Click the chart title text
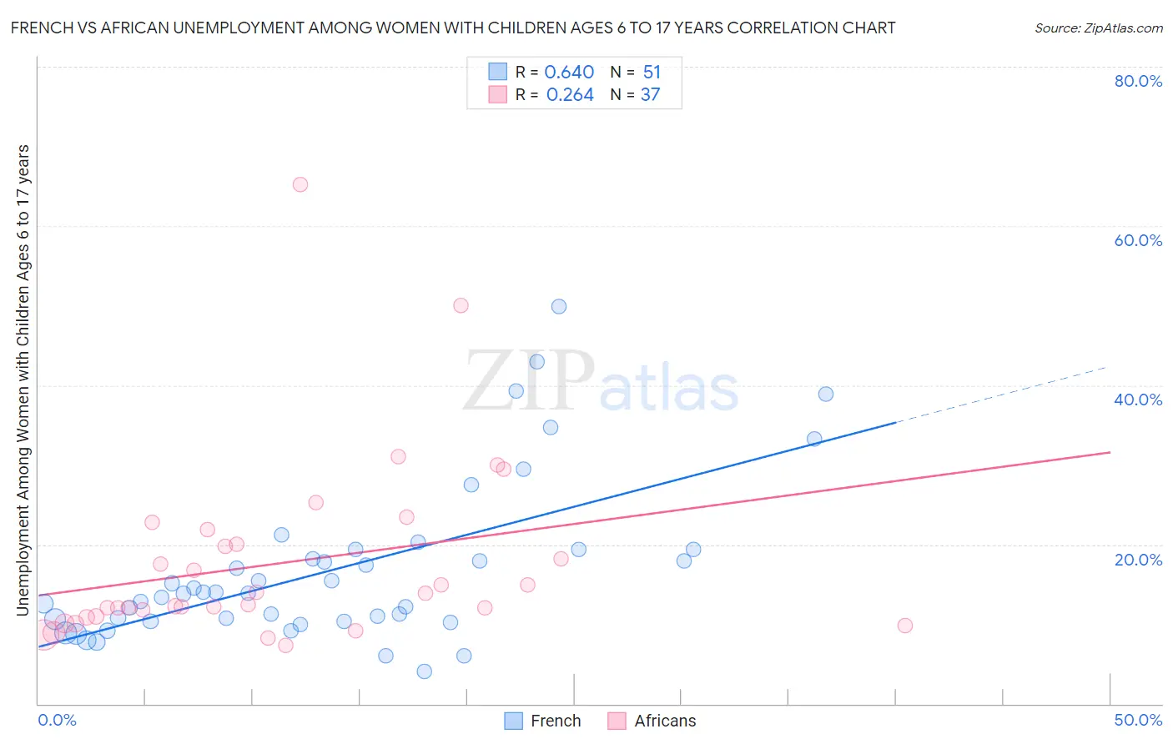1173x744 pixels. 453,28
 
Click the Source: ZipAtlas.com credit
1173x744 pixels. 1098,28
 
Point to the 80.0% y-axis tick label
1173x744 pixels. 1138,81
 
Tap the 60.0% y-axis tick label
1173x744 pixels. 1138,240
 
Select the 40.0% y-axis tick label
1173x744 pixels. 1138,400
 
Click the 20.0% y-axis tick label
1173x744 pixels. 1138,559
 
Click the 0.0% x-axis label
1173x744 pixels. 57,720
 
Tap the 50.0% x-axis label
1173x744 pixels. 1138,720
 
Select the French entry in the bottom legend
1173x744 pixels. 543,721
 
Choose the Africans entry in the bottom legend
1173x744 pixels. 652,721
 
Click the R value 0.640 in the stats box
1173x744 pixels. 569,73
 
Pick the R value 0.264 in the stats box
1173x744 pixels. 570,95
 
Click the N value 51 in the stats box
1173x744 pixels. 652,73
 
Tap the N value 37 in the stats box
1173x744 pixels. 650,95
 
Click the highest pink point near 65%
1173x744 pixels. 300,184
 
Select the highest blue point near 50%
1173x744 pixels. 559,306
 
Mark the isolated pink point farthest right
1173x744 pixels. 905,626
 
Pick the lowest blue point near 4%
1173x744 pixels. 425,671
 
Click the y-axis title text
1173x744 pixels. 23,380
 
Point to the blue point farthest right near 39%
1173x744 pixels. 826,394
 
